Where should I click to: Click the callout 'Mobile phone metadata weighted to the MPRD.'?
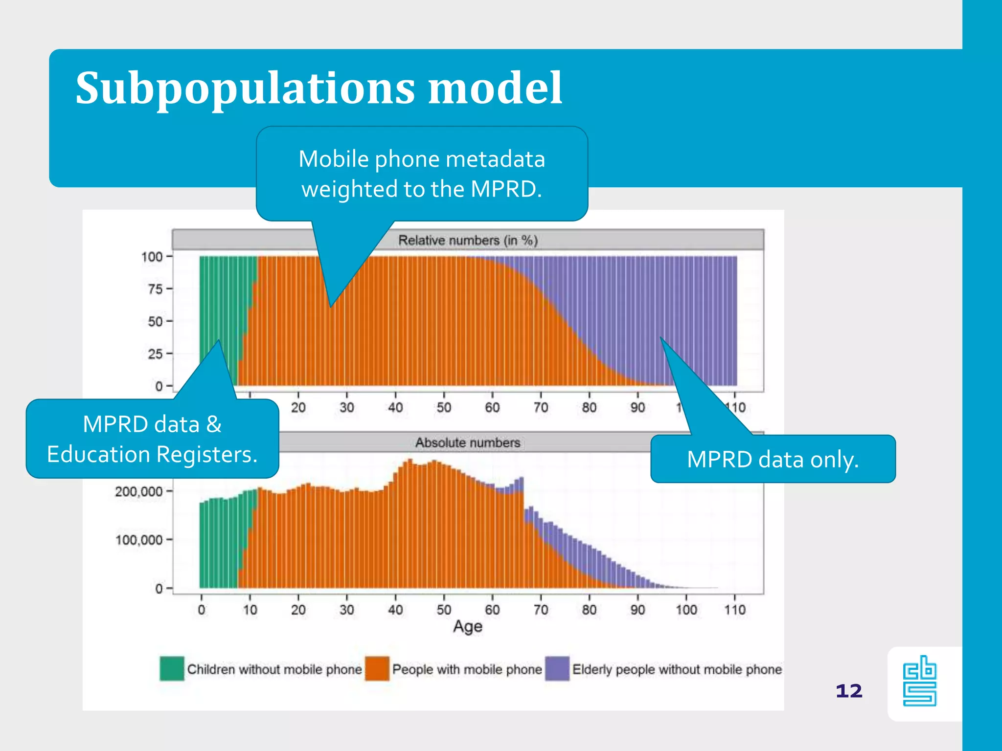point(422,174)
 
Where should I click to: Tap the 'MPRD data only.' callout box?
point(773,459)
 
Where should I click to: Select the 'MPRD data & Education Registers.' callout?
point(152,439)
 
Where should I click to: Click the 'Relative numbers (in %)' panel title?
point(468,240)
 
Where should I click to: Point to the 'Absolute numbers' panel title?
point(468,442)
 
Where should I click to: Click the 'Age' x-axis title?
point(468,626)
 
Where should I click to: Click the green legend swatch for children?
point(172,668)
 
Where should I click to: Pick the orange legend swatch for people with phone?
point(377,668)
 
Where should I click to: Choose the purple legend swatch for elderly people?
point(557,668)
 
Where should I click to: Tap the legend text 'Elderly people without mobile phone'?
point(677,669)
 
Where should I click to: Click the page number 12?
point(849,691)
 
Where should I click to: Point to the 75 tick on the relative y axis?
point(155,289)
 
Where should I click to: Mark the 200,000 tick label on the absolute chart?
point(138,491)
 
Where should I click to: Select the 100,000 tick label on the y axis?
point(138,540)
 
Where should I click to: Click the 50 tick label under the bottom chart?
point(444,610)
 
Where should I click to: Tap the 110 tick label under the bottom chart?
point(735,610)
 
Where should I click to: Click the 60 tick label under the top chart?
point(492,407)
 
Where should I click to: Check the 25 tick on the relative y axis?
point(155,353)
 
